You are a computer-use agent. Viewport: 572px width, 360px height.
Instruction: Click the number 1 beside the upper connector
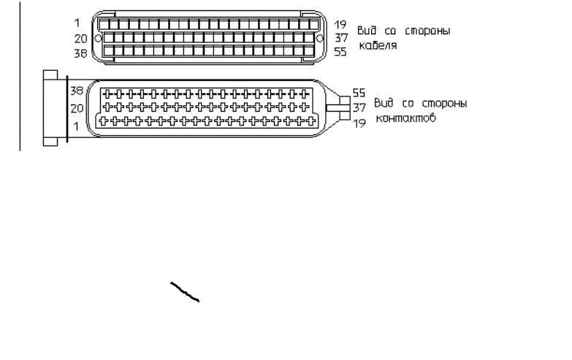coord(77,23)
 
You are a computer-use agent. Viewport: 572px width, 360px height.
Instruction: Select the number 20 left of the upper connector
coord(80,38)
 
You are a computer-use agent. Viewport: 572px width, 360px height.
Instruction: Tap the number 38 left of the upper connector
coord(80,53)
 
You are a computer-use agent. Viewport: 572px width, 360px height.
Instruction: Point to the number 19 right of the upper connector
coord(340,24)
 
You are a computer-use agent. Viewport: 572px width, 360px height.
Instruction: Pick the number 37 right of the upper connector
coord(341,37)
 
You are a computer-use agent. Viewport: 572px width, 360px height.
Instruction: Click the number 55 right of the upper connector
coord(340,51)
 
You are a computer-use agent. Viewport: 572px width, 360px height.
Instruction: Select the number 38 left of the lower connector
coord(77,91)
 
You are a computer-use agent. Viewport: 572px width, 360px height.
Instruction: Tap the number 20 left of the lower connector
coord(77,108)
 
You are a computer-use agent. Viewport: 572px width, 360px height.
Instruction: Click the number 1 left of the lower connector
coord(76,126)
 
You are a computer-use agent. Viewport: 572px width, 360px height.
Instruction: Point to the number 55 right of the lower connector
coord(359,93)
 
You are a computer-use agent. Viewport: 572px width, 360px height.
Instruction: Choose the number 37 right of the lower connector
coord(359,107)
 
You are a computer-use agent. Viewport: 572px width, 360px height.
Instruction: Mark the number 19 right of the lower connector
coord(359,123)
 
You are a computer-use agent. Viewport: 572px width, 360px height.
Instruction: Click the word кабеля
coord(378,45)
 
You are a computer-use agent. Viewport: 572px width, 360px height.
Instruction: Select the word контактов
coord(405,118)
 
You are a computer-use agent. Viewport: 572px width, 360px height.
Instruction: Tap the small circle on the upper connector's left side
coord(98,38)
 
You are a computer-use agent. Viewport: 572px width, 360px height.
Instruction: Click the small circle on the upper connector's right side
coord(319,38)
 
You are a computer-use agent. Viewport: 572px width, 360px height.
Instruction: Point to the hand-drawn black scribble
coord(185,292)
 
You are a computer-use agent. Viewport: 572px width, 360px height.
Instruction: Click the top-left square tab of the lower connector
coord(50,74)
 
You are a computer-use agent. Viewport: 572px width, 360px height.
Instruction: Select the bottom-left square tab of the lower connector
coord(50,142)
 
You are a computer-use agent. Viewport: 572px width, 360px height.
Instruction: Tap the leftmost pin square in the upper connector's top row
coord(104,24)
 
